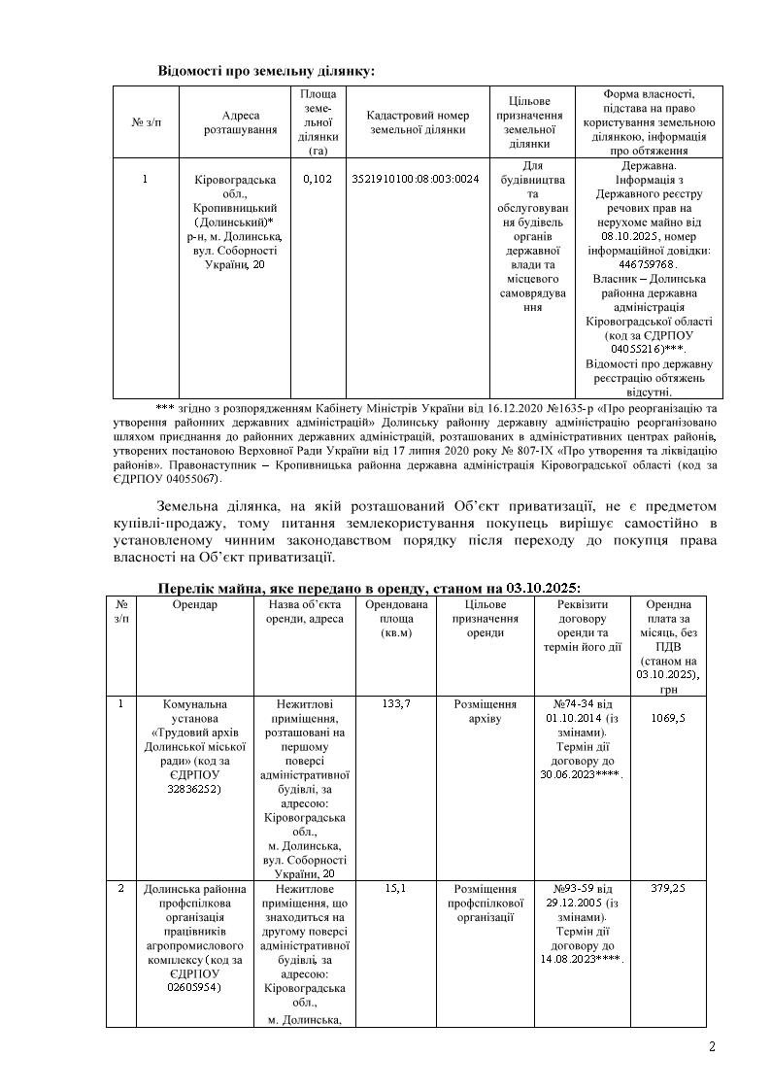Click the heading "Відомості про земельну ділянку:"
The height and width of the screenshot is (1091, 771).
(x=267, y=71)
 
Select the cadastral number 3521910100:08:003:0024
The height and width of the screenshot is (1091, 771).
(x=415, y=180)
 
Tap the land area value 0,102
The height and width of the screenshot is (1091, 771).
(x=317, y=180)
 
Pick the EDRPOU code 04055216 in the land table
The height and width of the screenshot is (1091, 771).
(x=637, y=348)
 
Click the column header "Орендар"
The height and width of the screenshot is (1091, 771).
(x=194, y=605)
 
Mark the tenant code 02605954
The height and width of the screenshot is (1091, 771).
(x=194, y=987)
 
